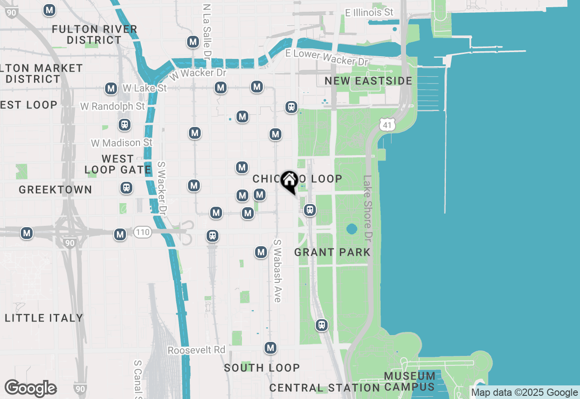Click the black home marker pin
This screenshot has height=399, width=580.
pyautogui.click(x=289, y=181)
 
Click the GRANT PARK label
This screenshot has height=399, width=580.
pyautogui.click(x=332, y=252)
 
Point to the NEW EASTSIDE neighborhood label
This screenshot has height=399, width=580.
pyautogui.click(x=368, y=81)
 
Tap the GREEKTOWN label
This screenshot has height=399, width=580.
pyautogui.click(x=55, y=190)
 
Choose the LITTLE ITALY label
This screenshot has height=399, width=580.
pyautogui.click(x=44, y=318)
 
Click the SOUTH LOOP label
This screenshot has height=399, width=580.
pyautogui.click(x=262, y=368)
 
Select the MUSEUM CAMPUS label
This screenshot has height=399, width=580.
pyautogui.click(x=410, y=381)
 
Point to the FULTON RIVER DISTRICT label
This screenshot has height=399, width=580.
pyautogui.click(x=94, y=34)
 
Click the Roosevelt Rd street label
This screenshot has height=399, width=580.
pyautogui.click(x=196, y=350)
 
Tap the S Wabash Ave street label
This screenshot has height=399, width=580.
pyautogui.click(x=277, y=271)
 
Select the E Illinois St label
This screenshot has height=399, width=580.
pyautogui.click(x=369, y=13)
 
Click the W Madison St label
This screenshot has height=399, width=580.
pyautogui.click(x=122, y=143)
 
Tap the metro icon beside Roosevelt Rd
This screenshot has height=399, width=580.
pyautogui.click(x=271, y=348)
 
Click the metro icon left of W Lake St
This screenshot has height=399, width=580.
pyautogui.click(x=111, y=88)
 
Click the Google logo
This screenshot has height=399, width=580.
pyautogui.click(x=31, y=388)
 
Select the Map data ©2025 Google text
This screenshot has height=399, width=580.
pyautogui.click(x=525, y=393)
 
